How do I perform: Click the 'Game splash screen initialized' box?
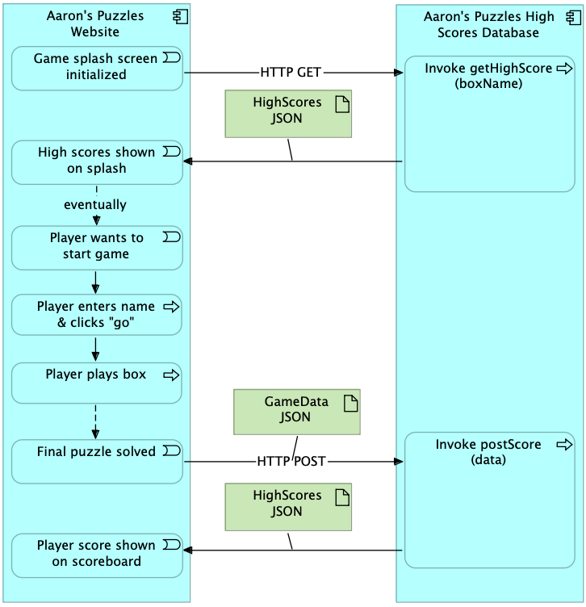97,69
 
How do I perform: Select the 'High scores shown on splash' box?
97,162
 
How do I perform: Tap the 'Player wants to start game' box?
97,248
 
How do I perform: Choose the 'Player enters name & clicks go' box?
97,315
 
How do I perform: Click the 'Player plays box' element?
97,383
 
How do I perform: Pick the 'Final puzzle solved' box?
97,462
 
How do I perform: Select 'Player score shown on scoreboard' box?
97,555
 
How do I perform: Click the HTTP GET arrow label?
291,73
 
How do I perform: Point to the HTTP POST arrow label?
291,462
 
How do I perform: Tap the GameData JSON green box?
297,412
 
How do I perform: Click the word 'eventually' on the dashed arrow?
95,205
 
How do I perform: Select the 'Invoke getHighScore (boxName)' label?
488,76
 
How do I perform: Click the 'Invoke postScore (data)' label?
488,452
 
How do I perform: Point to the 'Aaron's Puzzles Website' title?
95,23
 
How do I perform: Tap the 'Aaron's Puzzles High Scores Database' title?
488,24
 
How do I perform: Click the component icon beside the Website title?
180,17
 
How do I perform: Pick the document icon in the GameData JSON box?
350,404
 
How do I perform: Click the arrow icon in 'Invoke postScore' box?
564,445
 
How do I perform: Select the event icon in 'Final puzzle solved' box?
171,450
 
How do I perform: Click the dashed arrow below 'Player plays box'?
95,421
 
